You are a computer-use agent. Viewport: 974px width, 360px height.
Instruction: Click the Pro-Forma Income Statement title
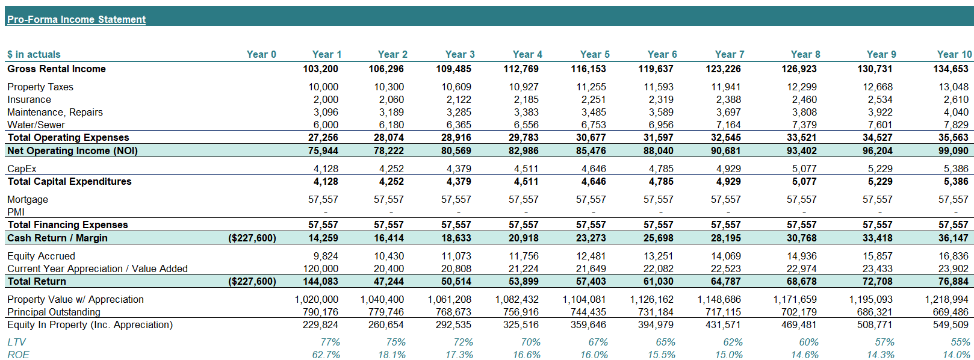click(x=76, y=19)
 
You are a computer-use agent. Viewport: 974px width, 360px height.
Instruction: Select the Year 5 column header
click(x=594, y=54)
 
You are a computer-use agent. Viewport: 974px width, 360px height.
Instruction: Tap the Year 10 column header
click(x=954, y=54)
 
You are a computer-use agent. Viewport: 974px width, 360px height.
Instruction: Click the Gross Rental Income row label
click(x=57, y=69)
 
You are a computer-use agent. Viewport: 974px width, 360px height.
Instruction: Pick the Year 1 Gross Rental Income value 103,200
click(x=320, y=69)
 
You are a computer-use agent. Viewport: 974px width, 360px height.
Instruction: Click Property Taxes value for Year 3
click(x=456, y=87)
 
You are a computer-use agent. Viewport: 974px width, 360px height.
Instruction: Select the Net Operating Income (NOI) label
click(x=72, y=151)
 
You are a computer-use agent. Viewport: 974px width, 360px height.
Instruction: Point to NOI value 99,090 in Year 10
click(x=953, y=151)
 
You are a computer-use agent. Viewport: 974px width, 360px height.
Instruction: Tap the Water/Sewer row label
click(x=36, y=125)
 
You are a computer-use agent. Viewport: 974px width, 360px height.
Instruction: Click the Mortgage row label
click(x=28, y=199)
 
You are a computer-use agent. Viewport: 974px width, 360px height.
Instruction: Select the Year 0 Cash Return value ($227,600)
click(x=252, y=238)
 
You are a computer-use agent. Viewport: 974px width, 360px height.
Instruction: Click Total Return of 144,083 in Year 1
click(x=320, y=281)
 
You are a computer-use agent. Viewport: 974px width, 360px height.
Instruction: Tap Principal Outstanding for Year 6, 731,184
click(x=657, y=312)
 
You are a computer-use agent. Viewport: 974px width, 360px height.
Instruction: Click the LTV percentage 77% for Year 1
click(x=330, y=342)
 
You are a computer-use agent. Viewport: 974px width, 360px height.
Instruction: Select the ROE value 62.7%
click(x=326, y=355)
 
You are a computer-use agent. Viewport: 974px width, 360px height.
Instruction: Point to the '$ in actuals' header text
click(x=34, y=54)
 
